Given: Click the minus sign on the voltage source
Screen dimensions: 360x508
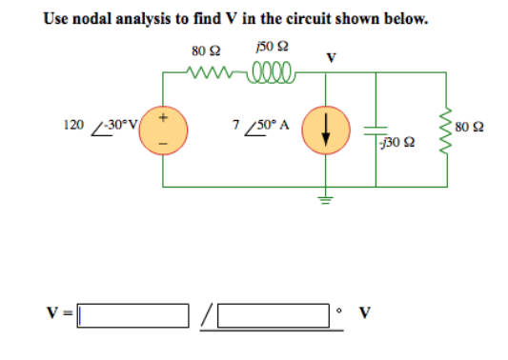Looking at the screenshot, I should point(163,144).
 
